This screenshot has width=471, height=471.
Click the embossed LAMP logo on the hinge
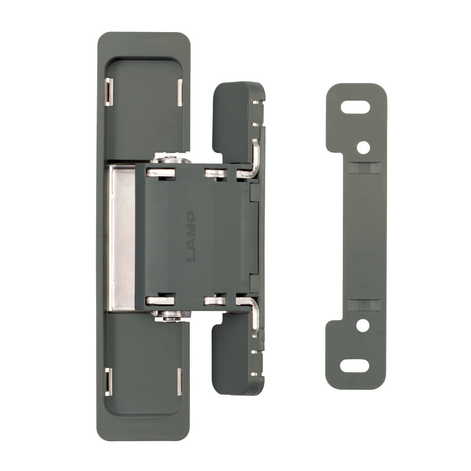point(191,237)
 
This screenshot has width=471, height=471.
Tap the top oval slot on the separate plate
point(355,107)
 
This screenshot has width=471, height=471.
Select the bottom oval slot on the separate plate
point(355,365)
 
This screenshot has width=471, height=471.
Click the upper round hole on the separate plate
point(364,147)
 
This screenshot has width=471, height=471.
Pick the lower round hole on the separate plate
point(363,325)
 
